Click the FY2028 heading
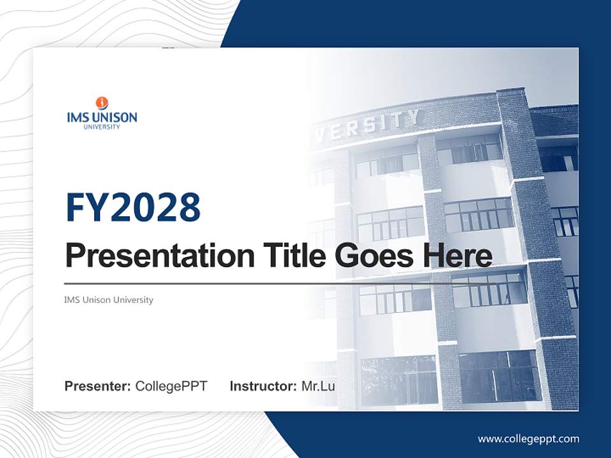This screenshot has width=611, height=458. click(133, 207)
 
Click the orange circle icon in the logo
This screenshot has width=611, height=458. click(102, 103)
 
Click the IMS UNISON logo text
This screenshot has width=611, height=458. click(102, 117)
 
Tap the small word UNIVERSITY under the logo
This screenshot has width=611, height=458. click(102, 127)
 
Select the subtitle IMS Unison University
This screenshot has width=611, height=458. click(109, 300)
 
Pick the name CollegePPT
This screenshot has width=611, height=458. click(171, 386)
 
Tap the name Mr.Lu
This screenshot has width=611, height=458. click(318, 386)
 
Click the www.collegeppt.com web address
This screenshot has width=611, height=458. click(528, 438)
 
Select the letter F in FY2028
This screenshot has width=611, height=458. click(76, 207)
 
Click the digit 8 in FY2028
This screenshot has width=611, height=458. click(189, 207)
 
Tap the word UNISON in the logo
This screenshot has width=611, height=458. click(115, 117)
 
